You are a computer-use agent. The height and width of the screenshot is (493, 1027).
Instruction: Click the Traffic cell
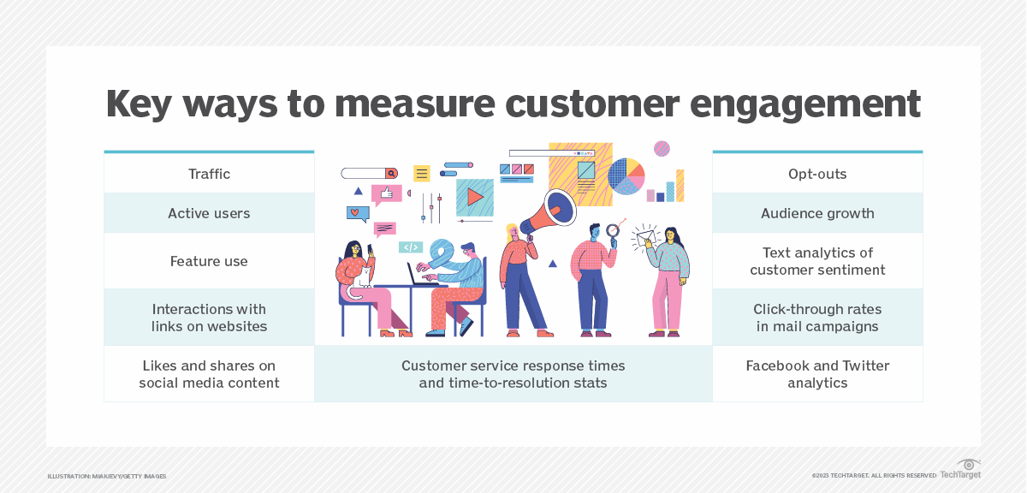point(209,174)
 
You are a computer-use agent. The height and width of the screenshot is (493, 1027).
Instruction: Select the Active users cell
point(209,213)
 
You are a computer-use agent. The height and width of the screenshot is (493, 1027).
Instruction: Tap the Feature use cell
point(209,261)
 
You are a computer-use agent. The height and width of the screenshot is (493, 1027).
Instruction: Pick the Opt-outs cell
point(817,174)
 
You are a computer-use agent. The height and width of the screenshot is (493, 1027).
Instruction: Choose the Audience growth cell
point(817,213)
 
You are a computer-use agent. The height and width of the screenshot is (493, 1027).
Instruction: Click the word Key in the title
point(145,104)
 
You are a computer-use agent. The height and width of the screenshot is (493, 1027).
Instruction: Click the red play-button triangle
point(474,197)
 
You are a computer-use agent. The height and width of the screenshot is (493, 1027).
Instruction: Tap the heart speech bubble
point(356,213)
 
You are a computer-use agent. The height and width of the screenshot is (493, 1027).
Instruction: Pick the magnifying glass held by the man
point(613,231)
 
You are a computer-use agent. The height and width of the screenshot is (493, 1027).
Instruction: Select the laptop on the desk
point(421,275)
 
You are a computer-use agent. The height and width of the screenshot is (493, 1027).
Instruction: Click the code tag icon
point(411,247)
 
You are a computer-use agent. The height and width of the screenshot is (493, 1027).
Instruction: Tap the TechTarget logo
point(960,470)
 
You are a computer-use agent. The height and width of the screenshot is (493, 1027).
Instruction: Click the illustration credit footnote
point(107,476)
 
